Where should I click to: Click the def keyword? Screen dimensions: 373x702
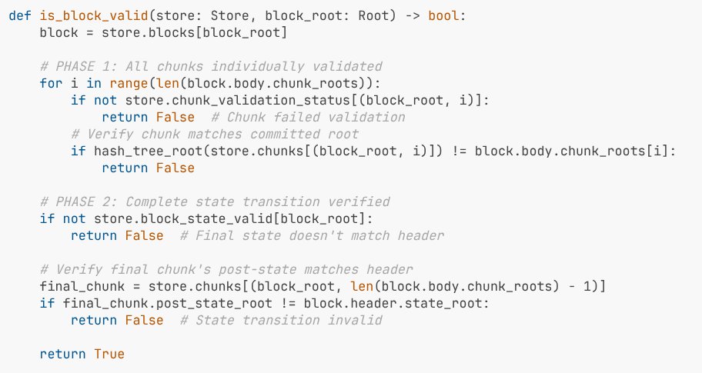tap(21, 17)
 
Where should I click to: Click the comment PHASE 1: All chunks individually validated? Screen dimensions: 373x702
tap(211, 67)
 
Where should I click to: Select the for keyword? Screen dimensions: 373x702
tap(51, 84)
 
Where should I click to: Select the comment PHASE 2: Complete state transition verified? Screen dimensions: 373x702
tap(215, 201)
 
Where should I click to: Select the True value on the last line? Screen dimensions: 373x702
tap(109, 354)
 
